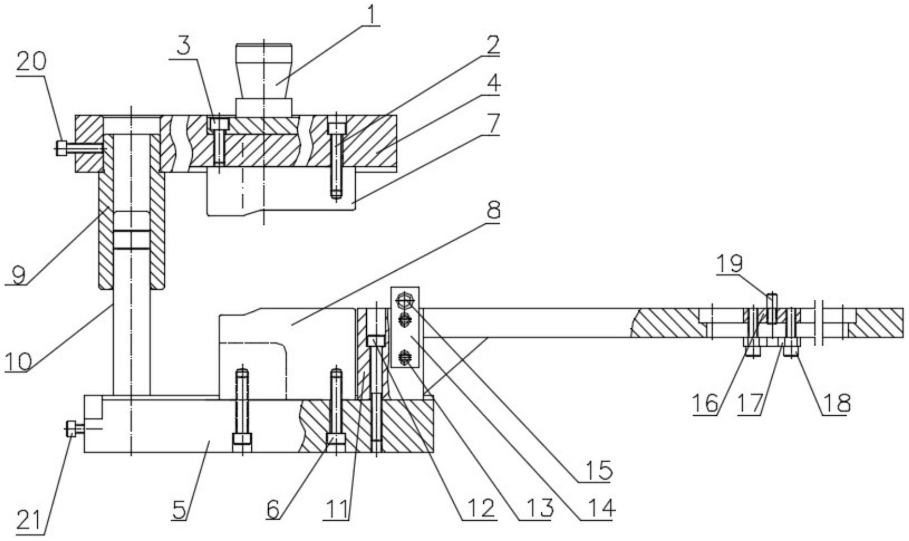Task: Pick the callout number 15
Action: (599, 470)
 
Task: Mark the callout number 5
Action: (180, 510)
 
